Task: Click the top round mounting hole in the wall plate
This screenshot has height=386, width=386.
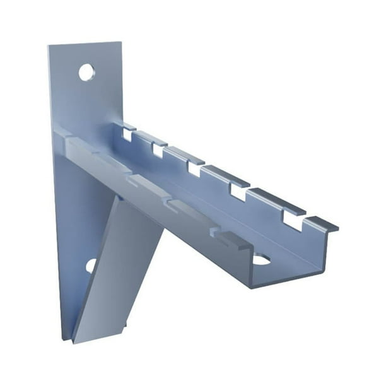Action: (86, 72)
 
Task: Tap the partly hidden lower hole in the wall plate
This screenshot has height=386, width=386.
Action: (91, 266)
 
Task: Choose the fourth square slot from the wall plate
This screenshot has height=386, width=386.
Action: (238, 192)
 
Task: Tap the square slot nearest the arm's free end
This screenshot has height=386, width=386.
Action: (291, 218)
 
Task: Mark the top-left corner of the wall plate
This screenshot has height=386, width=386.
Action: (49, 46)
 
